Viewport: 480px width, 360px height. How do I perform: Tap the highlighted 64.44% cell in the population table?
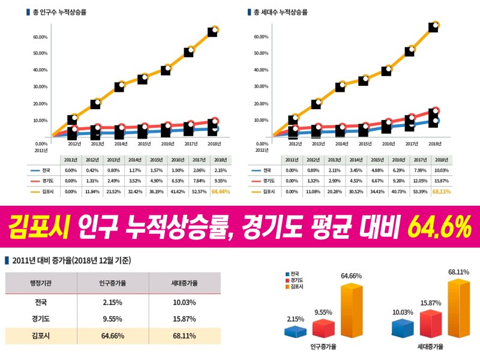pyautogui.click(x=221, y=191)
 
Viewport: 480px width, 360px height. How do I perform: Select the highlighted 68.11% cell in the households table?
pyautogui.click(x=441, y=191)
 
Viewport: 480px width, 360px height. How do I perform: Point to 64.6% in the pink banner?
pyautogui.click(x=439, y=226)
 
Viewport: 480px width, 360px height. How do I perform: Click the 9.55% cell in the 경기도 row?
pyautogui.click(x=112, y=318)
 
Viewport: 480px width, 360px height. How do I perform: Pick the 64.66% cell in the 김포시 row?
pyautogui.click(x=112, y=335)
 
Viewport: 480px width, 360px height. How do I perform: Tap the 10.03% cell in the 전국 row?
pyautogui.click(x=183, y=301)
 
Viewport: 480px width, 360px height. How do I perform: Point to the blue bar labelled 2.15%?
pyautogui.click(x=295, y=331)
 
